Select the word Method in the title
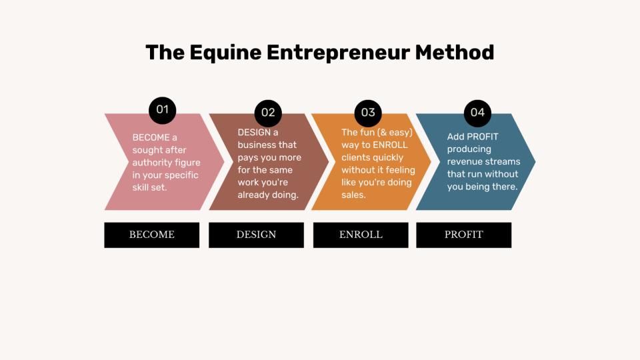[x=455, y=53]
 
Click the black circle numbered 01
[x=163, y=110]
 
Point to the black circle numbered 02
[x=268, y=113]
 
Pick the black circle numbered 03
[x=368, y=113]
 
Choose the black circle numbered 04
[x=477, y=113]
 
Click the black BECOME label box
[x=152, y=235]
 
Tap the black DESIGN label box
[x=256, y=235]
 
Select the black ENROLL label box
[x=361, y=235]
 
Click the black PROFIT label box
[x=464, y=235]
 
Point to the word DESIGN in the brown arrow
[x=254, y=132]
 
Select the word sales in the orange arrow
[x=353, y=195]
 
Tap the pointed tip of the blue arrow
[x=535, y=161]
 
